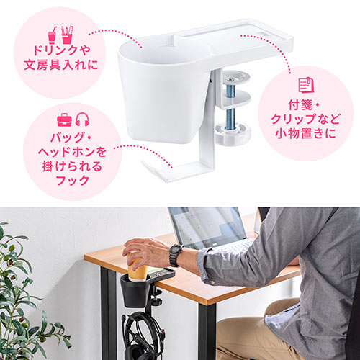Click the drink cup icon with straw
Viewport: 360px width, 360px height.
coord(53,35)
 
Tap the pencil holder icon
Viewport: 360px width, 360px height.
coord(67,35)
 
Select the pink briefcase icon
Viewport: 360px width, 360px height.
coord(64,120)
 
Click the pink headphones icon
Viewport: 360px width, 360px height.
coord(82,120)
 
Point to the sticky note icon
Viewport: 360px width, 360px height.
coord(306,85)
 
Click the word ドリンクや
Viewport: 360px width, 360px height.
coord(62,50)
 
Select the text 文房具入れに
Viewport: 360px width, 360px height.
coord(61,65)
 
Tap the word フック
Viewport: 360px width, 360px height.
coord(73,180)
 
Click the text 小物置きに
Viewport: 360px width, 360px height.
coord(305,134)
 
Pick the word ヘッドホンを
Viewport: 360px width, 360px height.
coord(72,152)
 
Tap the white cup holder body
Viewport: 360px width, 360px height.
coord(163,91)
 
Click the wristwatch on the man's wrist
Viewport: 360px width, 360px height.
coord(176,255)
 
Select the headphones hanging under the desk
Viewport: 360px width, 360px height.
coord(142,336)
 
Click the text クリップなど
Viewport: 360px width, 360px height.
coord(305,119)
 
